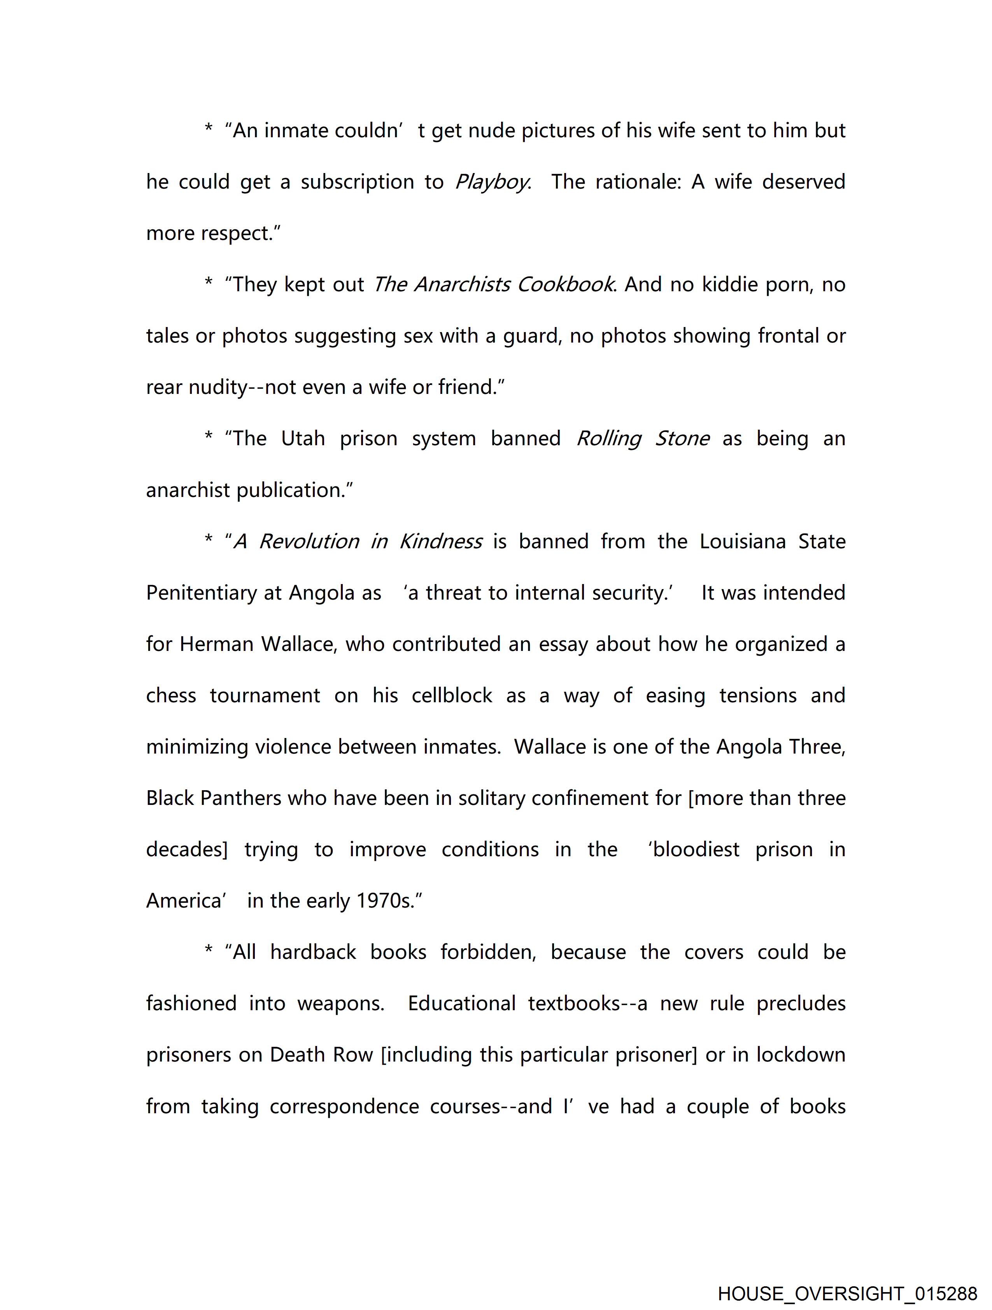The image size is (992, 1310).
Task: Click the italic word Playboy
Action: coord(491,182)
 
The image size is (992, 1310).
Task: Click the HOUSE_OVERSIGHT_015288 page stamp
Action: coord(847,1293)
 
